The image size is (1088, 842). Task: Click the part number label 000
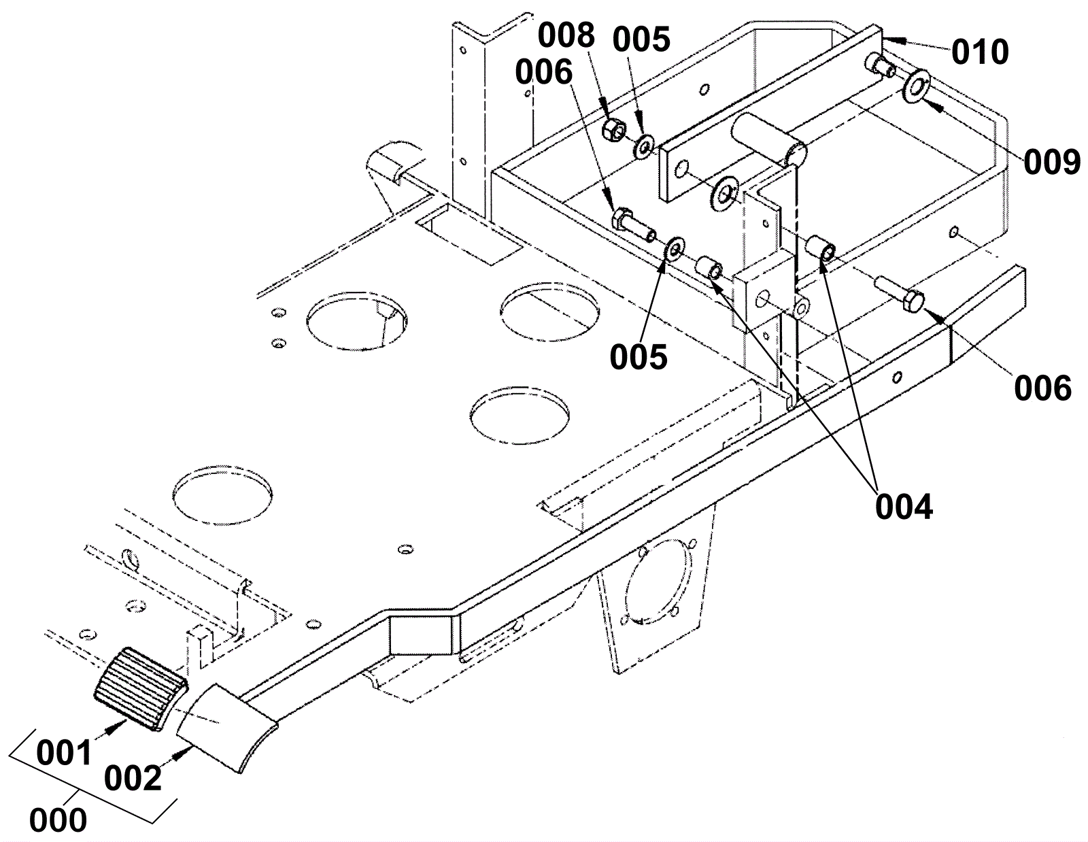pos(58,820)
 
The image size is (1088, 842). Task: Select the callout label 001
pos(65,754)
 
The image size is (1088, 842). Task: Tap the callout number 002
pos(133,778)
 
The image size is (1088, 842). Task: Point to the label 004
pos(904,507)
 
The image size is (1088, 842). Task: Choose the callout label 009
pos(1051,162)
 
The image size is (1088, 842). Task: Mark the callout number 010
pos(980,52)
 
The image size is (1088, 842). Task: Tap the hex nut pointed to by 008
pos(613,132)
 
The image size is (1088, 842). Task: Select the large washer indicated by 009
pos(916,86)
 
